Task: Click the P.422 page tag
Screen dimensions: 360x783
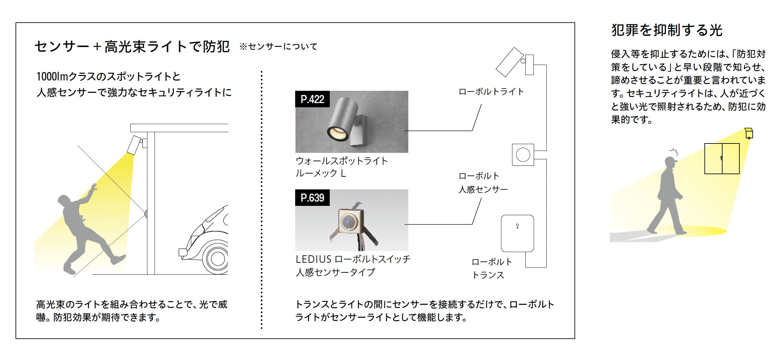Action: point(312,99)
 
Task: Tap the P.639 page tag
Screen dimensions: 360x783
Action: point(312,198)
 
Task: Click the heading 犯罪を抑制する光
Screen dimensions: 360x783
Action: point(667,30)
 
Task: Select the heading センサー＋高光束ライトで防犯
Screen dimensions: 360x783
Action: point(132,47)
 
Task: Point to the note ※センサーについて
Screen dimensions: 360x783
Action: point(278,47)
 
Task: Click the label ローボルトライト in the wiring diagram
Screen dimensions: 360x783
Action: point(491,92)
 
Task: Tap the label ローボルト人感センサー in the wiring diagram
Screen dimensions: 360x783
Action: point(483,183)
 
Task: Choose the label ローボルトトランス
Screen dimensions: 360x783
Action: point(492,269)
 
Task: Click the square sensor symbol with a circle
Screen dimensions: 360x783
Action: point(523,155)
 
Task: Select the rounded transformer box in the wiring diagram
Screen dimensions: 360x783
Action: point(517,233)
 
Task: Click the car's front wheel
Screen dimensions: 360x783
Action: point(217,258)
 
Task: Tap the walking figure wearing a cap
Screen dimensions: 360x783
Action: point(668,197)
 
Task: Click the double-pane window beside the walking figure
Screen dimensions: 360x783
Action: point(722,159)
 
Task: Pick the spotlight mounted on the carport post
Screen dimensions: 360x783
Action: point(134,145)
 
